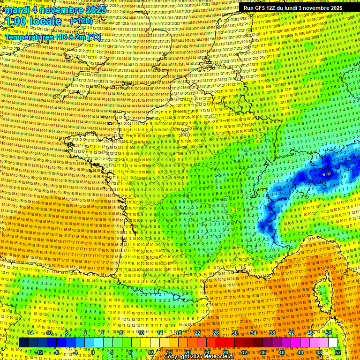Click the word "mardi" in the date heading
pyautogui.click(x=18, y=10)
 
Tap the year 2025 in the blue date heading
pyautogui.click(x=95, y=10)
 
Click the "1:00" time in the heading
pyautogui.click(x=16, y=21)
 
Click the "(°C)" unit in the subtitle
pyautogui.click(x=93, y=37)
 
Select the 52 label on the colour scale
pyautogui.click(x=338, y=352)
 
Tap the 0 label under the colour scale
pyautogui.click(x=93, y=352)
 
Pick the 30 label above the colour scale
pyautogui.click(x=234, y=333)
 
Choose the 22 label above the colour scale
pyautogui.click(x=197, y=333)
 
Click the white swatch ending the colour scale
pyautogui.click(x=333, y=343)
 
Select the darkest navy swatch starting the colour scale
pyautogui.click(x=23, y=343)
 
